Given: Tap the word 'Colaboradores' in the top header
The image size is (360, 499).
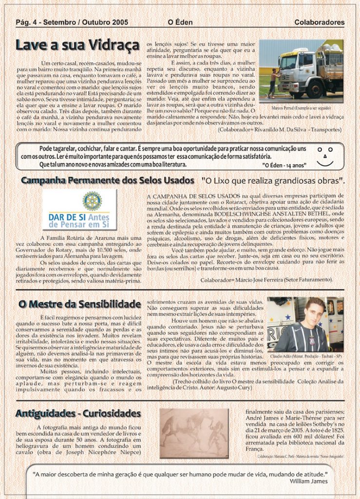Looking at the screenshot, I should [319, 22].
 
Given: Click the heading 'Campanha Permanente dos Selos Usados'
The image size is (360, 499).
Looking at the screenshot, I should [107, 181].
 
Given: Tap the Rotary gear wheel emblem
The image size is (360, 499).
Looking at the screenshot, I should [92, 200].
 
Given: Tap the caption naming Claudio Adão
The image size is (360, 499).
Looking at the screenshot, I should [305, 356].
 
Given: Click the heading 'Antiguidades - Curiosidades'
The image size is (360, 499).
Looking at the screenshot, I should [78, 414].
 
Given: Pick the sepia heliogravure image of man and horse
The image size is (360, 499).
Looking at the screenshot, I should [194, 433].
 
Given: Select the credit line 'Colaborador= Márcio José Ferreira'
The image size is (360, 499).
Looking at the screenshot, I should [266, 280].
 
